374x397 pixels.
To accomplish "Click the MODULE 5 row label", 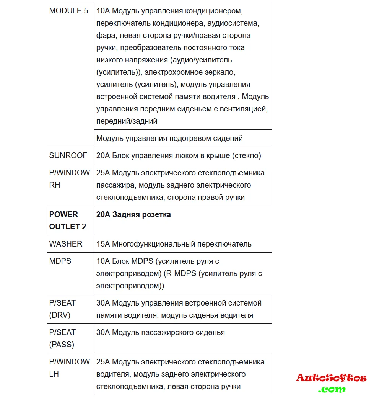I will point(68,11).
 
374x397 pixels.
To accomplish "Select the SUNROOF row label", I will point(68,156).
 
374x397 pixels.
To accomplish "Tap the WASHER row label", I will point(66,244).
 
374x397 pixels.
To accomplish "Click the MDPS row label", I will point(60,261).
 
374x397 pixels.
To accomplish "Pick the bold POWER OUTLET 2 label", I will point(67,221).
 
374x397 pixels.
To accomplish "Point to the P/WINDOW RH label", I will point(69,179).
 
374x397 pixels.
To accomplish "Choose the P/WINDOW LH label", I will point(69,368).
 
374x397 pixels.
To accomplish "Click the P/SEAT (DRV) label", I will point(62,309).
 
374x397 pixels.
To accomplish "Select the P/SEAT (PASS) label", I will point(62,338).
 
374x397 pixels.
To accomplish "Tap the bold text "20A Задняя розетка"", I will point(133,214).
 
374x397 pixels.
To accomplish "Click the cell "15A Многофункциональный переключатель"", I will point(174,244).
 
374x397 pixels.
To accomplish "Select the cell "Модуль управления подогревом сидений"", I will point(169,138).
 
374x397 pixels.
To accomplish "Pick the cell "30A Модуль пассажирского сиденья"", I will point(161,332).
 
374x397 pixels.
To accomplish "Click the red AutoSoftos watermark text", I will point(331,378).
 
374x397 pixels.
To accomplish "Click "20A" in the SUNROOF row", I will point(103,156).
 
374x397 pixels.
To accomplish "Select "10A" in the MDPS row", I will point(103,261).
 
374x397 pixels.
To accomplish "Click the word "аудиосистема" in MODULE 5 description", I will point(233,23).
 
